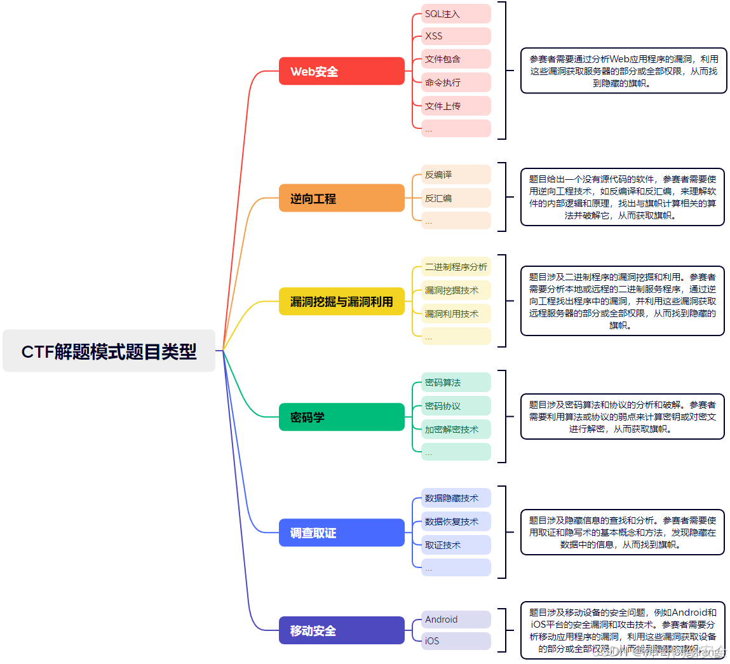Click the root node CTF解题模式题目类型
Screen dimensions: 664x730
(x=109, y=351)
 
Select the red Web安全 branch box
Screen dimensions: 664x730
(x=342, y=71)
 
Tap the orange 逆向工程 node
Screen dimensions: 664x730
(x=342, y=198)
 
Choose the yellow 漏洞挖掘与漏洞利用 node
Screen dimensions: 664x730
(x=342, y=301)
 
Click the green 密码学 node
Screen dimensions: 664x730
(x=342, y=417)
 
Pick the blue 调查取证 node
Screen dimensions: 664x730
(x=342, y=532)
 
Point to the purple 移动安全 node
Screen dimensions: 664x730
(x=342, y=630)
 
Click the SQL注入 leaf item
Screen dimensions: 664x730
(x=456, y=14)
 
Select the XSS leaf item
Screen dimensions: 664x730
(x=456, y=36)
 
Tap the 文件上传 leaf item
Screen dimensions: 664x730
(x=456, y=106)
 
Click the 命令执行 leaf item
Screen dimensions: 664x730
(x=456, y=83)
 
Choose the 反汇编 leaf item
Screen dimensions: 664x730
(x=456, y=198)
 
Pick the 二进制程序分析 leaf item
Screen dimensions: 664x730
(x=456, y=267)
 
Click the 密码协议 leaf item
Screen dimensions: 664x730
(x=456, y=406)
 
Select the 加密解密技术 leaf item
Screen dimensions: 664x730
(x=456, y=430)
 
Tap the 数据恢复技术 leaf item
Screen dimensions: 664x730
(x=456, y=522)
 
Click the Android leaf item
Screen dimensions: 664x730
(x=456, y=620)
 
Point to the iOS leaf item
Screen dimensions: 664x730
(x=456, y=641)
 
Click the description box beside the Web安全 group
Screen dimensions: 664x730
(x=623, y=71)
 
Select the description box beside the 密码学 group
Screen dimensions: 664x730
(x=622, y=416)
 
